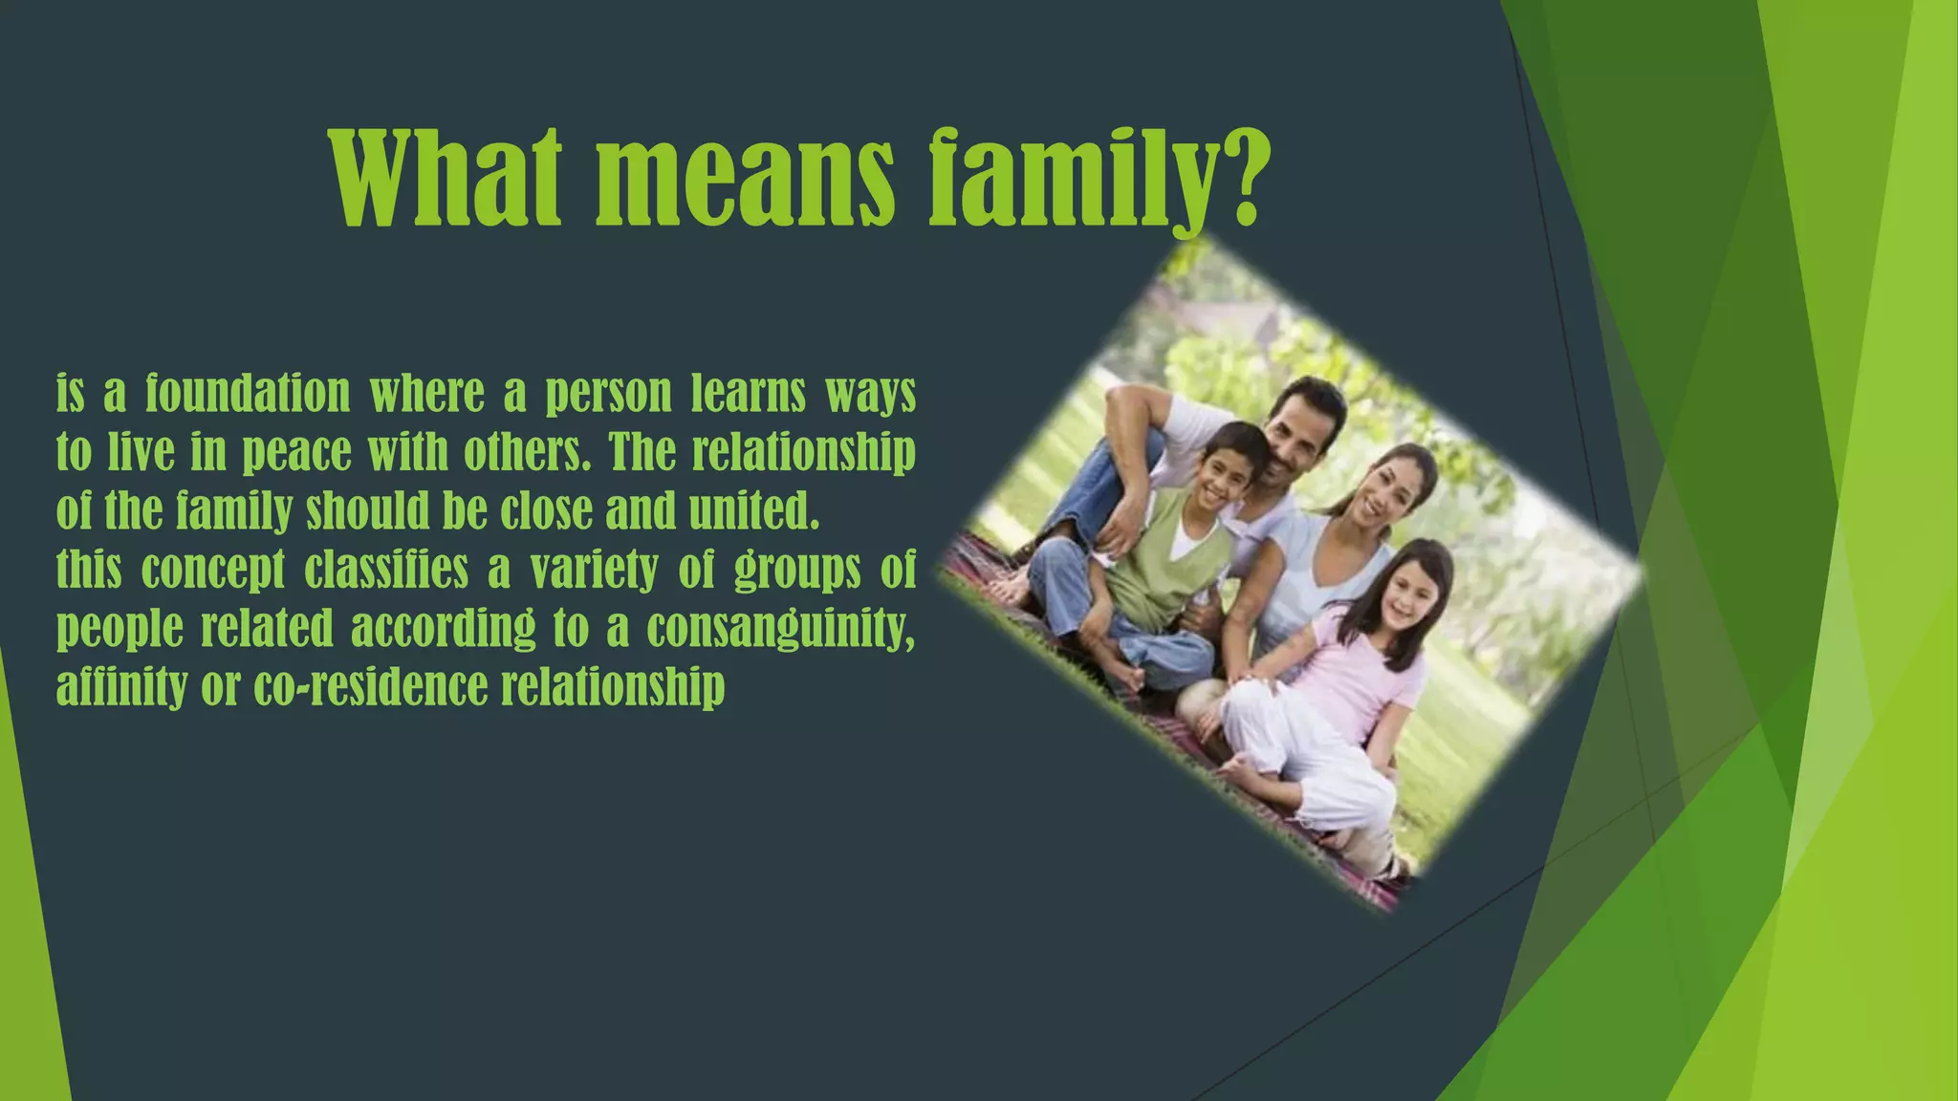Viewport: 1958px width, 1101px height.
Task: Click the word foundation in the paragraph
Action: click(248, 394)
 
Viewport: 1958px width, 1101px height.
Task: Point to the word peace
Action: click(296, 452)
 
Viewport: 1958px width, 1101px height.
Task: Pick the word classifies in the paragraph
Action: click(386, 570)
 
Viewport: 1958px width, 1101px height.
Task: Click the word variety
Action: click(594, 570)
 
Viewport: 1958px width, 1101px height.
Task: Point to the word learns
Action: click(749, 394)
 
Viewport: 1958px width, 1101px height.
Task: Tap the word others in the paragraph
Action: click(525, 452)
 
